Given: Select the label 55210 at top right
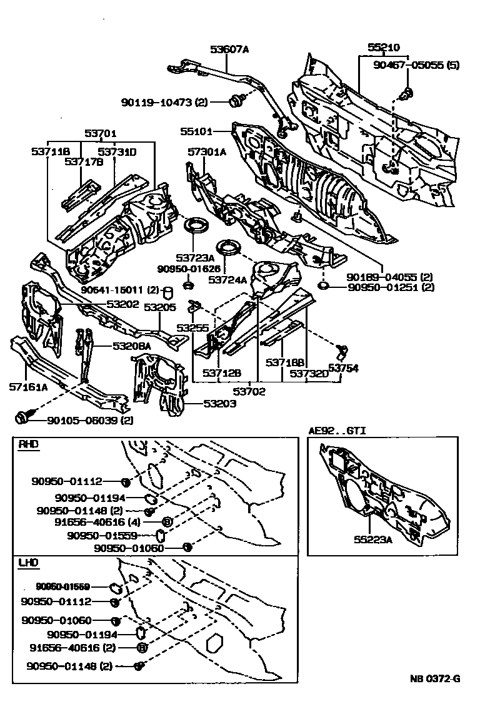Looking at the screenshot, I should pyautogui.click(x=383, y=47).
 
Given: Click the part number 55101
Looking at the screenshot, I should pyautogui.click(x=197, y=132).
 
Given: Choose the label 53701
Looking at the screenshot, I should pyautogui.click(x=101, y=133).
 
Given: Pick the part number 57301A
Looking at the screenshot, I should pyautogui.click(x=207, y=152).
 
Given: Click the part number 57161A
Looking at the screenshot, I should pyautogui.click(x=28, y=387).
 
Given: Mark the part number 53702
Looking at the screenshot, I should pyautogui.click(x=249, y=392).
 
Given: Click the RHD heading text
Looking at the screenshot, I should pyautogui.click(x=28, y=445).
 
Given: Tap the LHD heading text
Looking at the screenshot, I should pyautogui.click(x=28, y=565).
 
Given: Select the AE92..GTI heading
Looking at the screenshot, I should pyautogui.click(x=337, y=431).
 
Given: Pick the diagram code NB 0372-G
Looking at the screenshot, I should pyautogui.click(x=435, y=679).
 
